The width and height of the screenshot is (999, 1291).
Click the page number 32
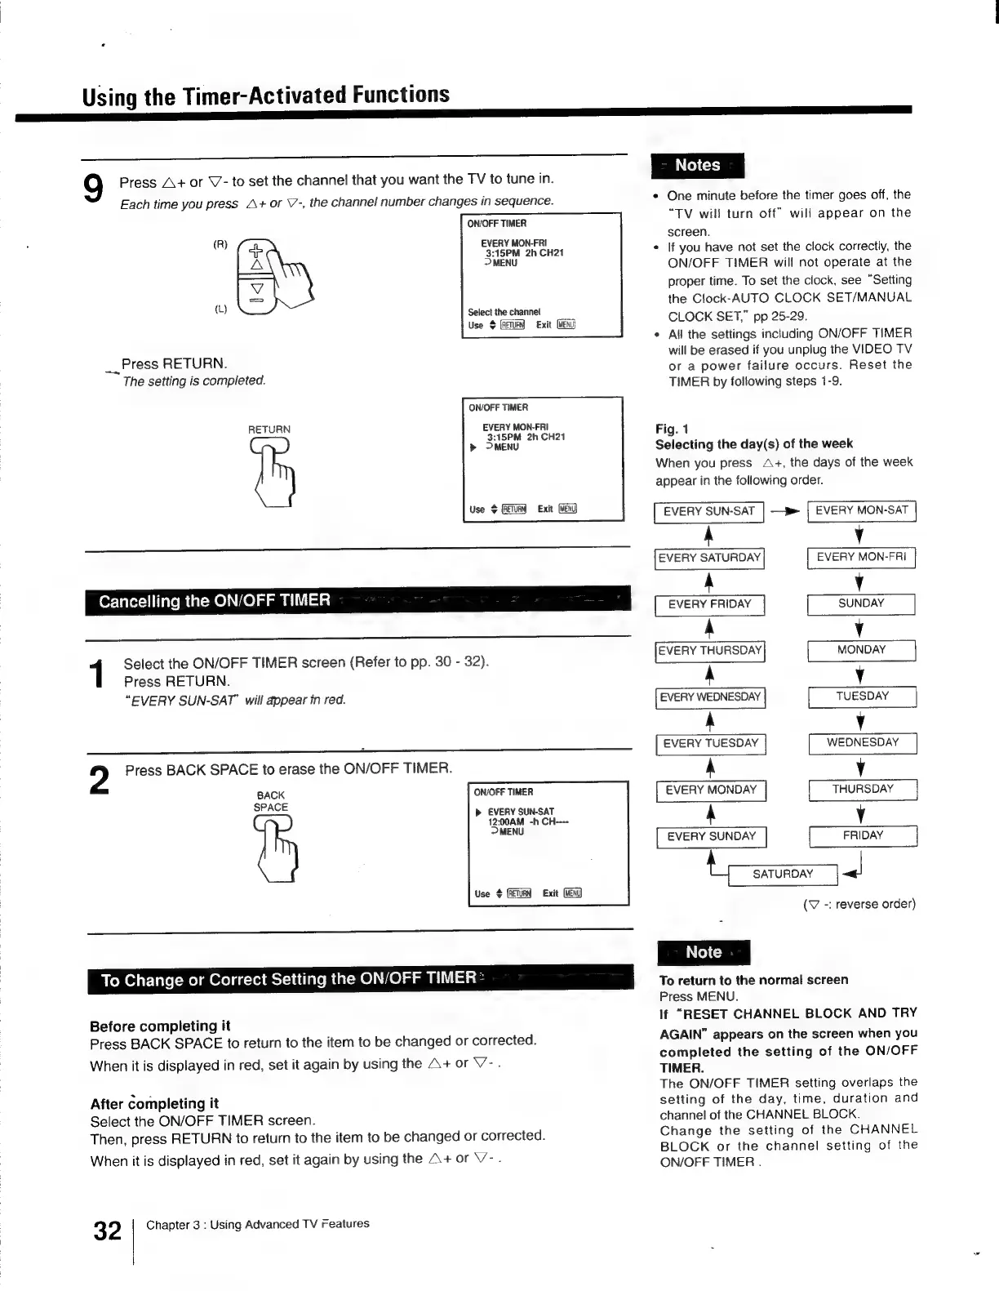[x=107, y=1231]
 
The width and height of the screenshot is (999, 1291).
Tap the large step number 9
[x=94, y=189]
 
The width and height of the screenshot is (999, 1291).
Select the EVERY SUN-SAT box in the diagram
[x=708, y=511]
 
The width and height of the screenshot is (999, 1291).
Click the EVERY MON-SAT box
[x=861, y=510]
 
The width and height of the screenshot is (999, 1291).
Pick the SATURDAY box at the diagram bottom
[x=782, y=874]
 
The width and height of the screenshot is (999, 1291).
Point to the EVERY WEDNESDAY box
[x=709, y=697]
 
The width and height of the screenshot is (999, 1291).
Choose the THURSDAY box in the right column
[x=862, y=790]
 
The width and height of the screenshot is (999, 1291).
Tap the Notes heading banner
[x=698, y=166]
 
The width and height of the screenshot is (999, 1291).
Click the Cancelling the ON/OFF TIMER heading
[x=215, y=601]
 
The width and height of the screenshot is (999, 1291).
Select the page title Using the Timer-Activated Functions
[x=265, y=95]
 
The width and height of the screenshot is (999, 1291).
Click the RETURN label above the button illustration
[x=269, y=430]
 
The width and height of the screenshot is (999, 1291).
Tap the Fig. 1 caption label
[x=672, y=429]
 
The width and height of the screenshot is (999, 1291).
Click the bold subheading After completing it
[x=154, y=1103]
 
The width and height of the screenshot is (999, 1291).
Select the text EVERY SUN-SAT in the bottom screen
[x=521, y=812]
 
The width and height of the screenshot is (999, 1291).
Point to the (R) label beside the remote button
[x=220, y=244]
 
